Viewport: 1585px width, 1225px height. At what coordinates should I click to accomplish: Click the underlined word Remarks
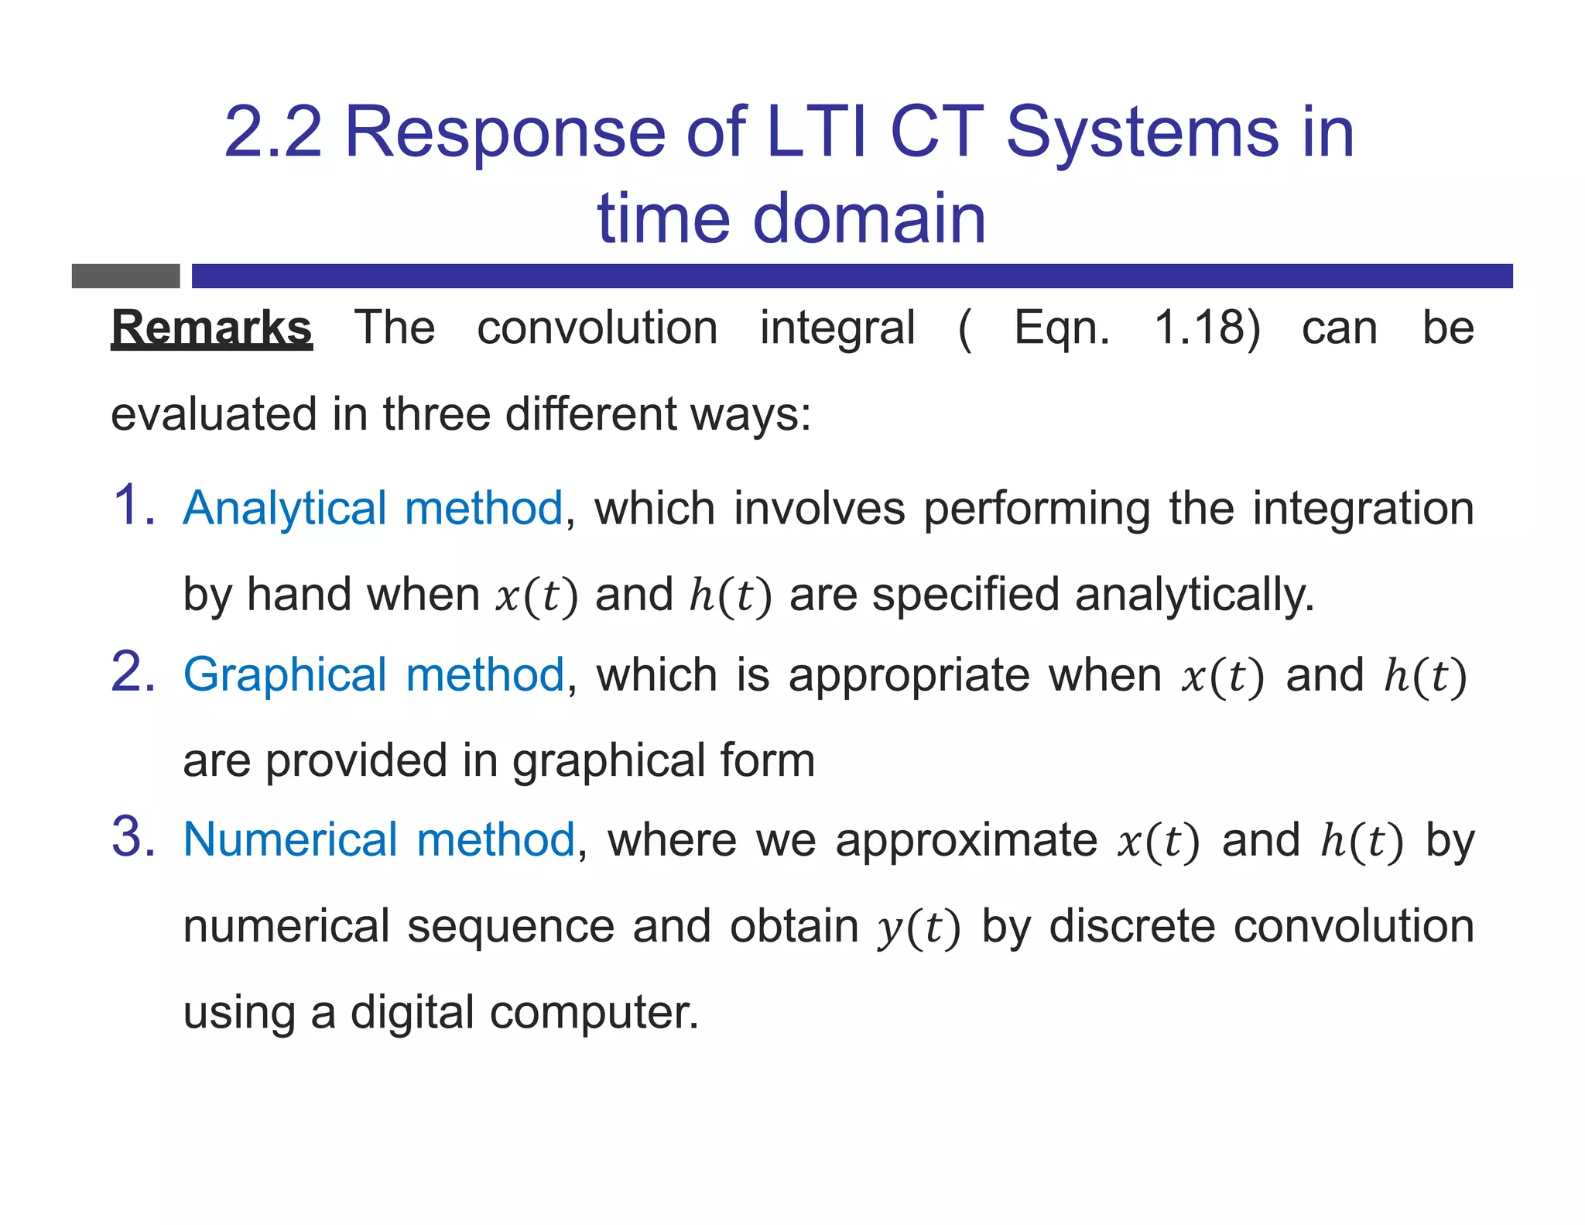coord(211,328)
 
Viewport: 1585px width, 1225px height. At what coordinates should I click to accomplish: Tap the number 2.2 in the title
coord(272,132)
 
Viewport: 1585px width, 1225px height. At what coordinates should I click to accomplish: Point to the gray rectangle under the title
coord(125,276)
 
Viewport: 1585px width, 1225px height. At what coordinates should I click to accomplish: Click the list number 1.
coord(133,506)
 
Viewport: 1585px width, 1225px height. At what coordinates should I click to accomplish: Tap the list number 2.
coord(133,671)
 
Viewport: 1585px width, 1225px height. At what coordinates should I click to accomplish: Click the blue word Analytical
coord(284,510)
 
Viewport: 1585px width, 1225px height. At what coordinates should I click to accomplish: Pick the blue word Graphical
coord(284,675)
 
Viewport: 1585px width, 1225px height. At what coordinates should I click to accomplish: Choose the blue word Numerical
coord(290,839)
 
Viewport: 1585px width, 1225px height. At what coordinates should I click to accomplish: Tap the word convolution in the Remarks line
coord(597,328)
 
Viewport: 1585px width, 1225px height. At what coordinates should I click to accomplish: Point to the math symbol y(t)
coord(919,928)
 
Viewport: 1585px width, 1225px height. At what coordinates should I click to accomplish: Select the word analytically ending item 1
coord(1194,595)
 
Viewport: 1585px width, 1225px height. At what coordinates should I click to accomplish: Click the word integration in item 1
coord(1364,510)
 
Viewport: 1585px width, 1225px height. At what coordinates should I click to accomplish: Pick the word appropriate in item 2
coord(909,675)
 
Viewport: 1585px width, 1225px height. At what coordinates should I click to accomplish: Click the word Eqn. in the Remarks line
coord(1061,329)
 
